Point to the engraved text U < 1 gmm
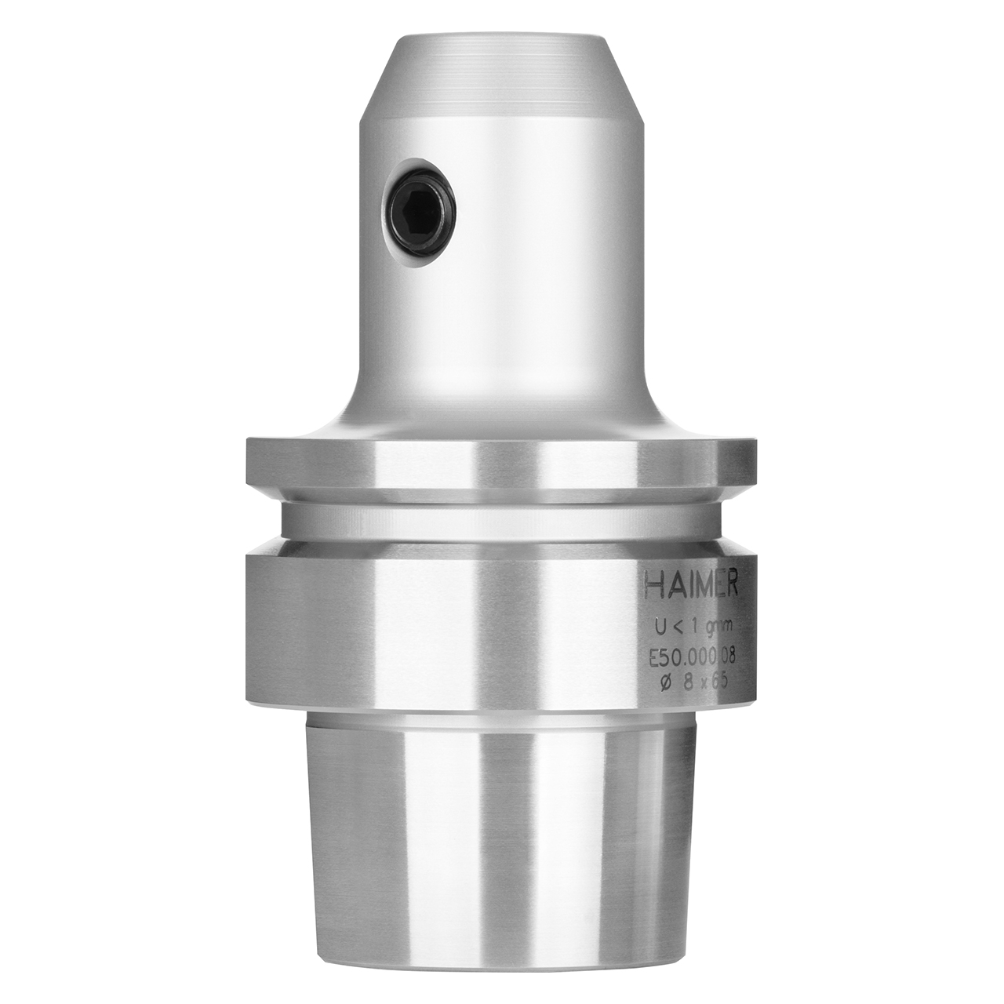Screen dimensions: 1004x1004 pyautogui.click(x=693, y=627)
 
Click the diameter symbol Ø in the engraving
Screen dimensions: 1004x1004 pyautogui.click(x=666, y=682)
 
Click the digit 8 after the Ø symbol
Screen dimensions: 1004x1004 pyautogui.click(x=689, y=682)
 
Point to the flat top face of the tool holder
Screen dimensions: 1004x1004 pyautogui.click(x=502, y=36)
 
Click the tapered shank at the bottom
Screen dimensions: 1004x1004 pyautogui.click(x=502, y=847)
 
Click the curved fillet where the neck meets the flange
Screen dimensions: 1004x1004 pyautogui.click(x=345, y=420)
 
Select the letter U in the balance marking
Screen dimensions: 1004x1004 pyautogui.click(x=660, y=627)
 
